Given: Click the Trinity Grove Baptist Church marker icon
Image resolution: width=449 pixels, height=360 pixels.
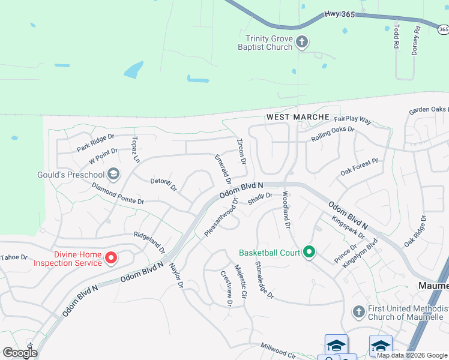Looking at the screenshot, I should (302, 42).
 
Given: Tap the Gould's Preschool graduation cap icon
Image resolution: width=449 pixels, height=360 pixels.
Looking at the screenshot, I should (113, 175).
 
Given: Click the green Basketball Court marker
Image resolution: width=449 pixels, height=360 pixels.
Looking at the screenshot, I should (309, 252).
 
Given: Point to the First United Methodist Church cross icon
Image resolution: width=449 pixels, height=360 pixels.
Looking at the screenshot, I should (358, 311).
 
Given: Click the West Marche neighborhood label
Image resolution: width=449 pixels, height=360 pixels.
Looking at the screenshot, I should (298, 117).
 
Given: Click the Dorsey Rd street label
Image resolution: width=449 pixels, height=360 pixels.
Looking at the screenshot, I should (415, 40).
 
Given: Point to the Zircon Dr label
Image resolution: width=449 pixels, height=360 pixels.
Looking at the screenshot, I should (242, 152).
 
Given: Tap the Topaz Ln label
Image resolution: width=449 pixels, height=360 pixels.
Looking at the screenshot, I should (135, 149).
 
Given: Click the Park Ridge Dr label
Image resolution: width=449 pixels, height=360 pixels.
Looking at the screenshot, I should (95, 143).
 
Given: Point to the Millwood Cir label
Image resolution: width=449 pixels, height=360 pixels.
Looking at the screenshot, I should (278, 351).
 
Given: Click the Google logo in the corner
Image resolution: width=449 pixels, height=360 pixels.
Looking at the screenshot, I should (20, 353).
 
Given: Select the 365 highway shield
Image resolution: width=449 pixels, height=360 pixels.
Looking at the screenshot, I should (443, 29).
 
